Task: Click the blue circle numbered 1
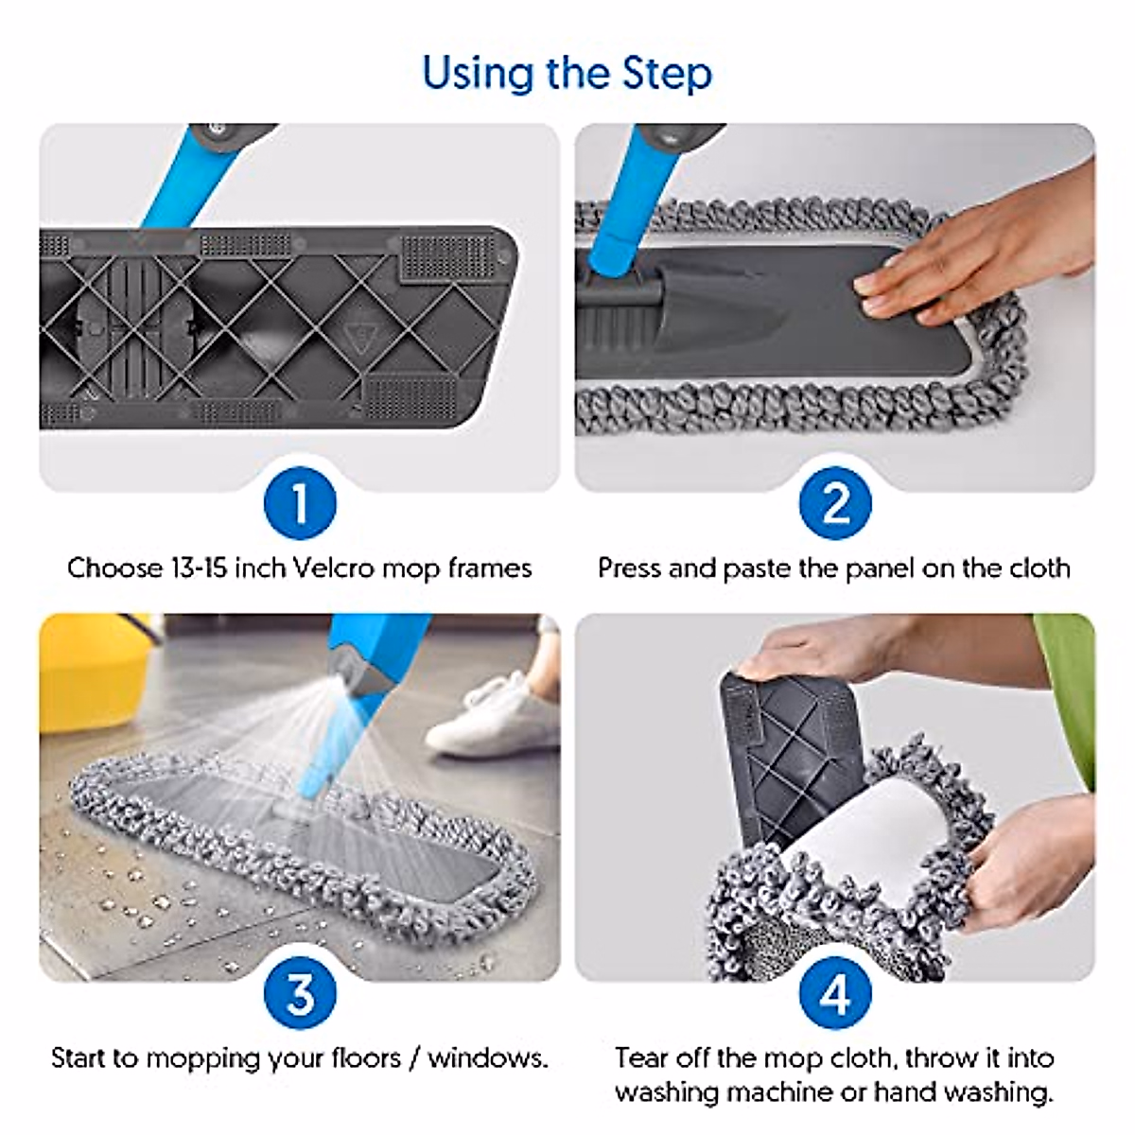(x=301, y=503)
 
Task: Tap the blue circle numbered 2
(x=835, y=503)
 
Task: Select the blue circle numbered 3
(x=301, y=994)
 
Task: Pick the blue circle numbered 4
(x=835, y=994)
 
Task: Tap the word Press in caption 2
(x=630, y=568)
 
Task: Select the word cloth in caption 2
(x=1040, y=568)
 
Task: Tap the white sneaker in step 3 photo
(x=495, y=715)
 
